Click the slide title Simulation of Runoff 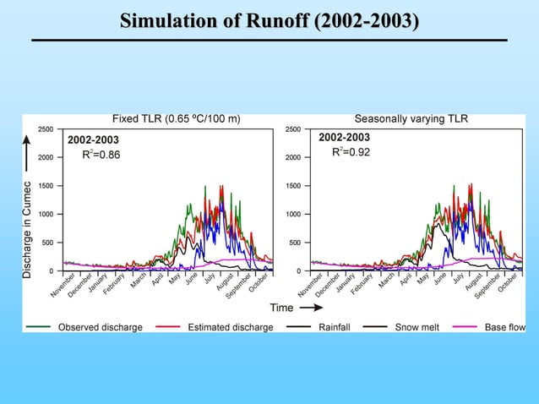coord(269,21)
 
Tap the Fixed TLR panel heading coord(177,118)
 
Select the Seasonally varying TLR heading coord(411,118)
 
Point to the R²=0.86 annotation coord(101,155)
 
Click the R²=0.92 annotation coord(351,151)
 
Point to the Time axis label coord(281,307)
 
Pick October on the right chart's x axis coord(508,285)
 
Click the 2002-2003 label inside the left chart coord(93,139)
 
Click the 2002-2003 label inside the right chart coord(344,137)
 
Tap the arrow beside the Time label coord(312,307)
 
